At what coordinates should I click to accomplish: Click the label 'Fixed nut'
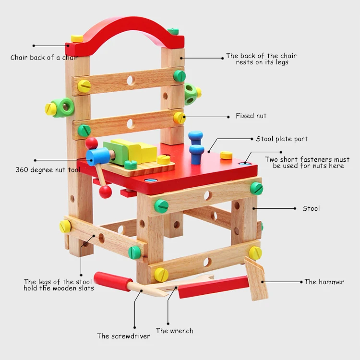click(x=251, y=116)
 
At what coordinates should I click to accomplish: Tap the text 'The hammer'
click(x=324, y=282)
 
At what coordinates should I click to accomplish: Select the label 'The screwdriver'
click(x=123, y=336)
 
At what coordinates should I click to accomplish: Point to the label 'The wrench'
click(x=174, y=331)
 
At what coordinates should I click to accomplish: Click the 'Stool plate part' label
click(x=282, y=139)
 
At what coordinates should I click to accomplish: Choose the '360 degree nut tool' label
click(x=48, y=169)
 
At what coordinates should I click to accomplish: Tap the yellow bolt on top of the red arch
click(x=77, y=38)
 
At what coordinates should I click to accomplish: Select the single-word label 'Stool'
click(x=311, y=208)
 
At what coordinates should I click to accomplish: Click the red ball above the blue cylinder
click(x=91, y=143)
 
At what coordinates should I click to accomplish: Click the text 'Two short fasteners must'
click(x=307, y=159)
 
